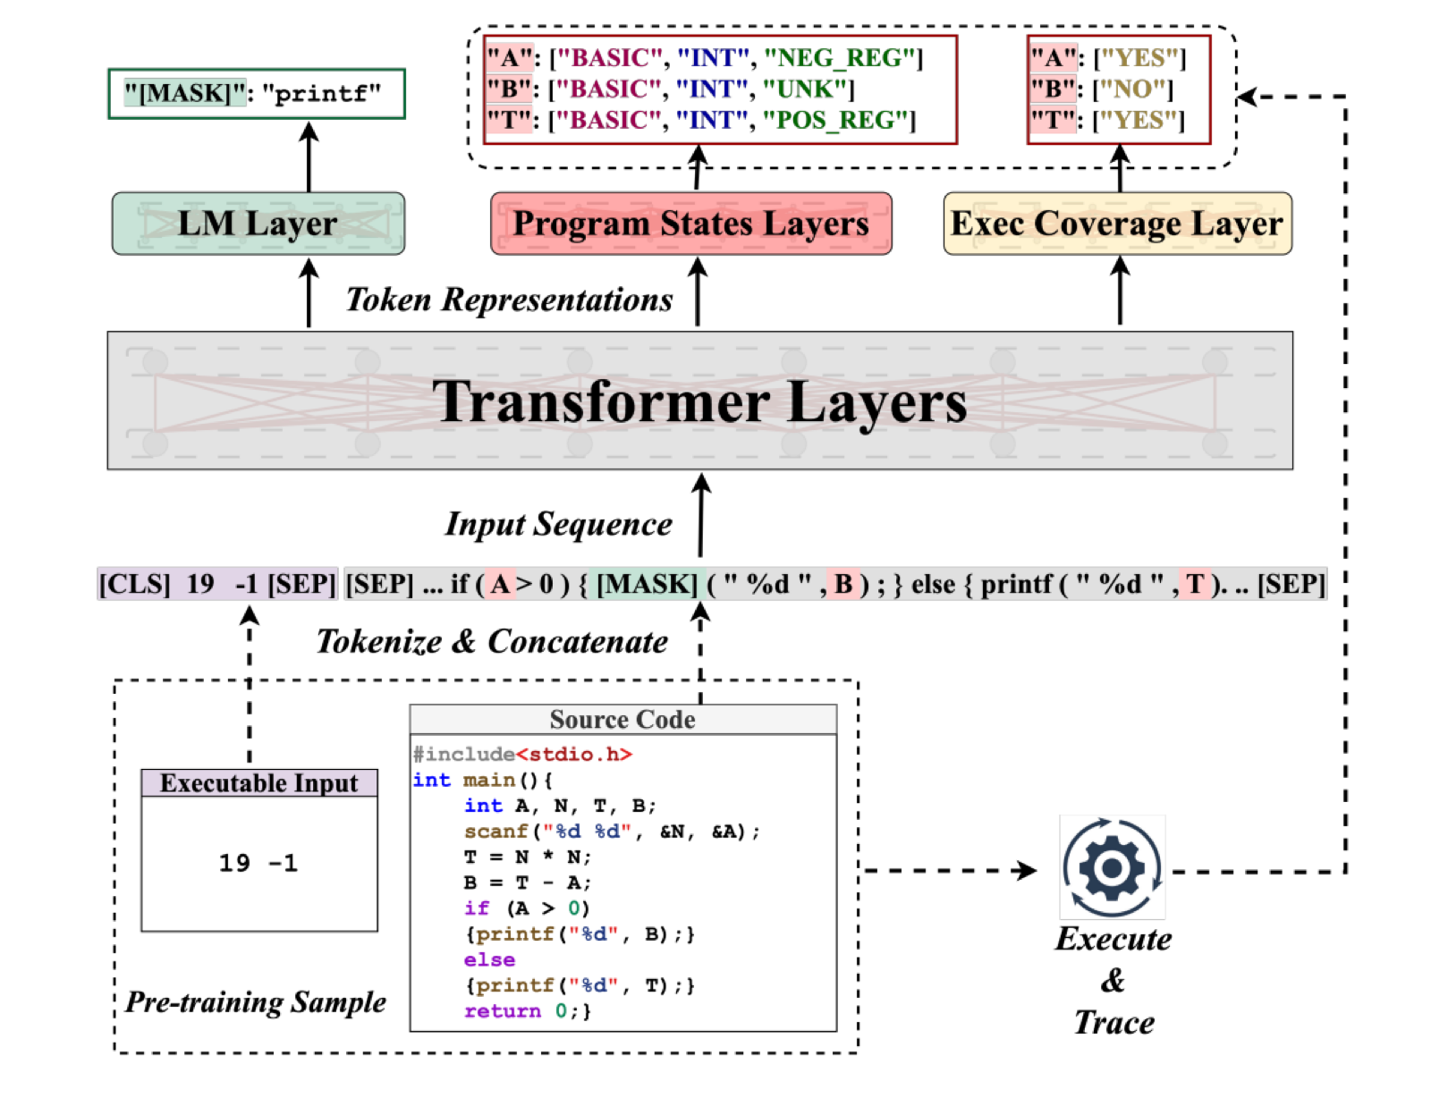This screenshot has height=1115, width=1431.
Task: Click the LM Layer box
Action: point(258,224)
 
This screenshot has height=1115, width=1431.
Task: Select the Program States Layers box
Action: point(690,224)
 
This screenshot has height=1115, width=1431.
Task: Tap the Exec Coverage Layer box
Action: point(1117,224)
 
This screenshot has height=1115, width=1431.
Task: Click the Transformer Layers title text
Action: point(699,401)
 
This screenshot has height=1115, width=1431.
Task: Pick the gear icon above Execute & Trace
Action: point(1112,866)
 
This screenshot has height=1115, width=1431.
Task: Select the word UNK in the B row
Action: point(806,89)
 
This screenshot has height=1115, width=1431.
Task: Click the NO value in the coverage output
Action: point(1132,89)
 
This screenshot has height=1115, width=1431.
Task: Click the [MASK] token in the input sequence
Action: point(647,584)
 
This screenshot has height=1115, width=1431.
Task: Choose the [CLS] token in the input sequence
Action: point(134,584)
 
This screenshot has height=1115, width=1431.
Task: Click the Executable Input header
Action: point(259,783)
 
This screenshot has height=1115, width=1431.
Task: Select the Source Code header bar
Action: point(623,720)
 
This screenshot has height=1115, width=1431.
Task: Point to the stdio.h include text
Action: point(573,755)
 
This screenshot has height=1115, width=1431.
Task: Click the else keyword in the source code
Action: point(489,959)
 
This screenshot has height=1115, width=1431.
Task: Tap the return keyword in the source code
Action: point(503,1011)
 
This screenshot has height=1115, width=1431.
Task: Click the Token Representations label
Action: point(509,300)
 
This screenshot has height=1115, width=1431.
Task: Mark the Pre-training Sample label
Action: point(256,1002)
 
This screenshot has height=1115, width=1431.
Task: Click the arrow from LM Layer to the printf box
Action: point(309,156)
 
